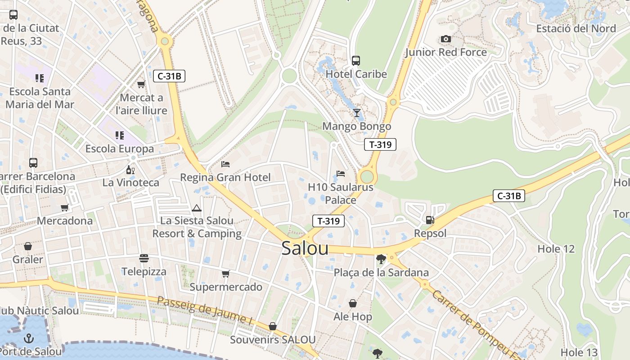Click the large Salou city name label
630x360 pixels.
305,248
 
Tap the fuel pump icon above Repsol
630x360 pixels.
430,220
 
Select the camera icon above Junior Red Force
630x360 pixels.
446,39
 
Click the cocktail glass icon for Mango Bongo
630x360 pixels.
357,113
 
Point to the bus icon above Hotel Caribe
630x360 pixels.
356,60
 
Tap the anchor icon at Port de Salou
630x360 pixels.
29,337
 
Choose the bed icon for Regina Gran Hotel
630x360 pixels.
225,164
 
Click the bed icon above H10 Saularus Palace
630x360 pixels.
341,174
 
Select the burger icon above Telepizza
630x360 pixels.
144,258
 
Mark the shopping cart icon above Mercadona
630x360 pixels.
64,207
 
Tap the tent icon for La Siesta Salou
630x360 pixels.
196,208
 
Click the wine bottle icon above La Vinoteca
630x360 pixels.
130,170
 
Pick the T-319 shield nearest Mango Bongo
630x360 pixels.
380,144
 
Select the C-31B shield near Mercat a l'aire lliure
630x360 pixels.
169,76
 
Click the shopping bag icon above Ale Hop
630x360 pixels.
353,304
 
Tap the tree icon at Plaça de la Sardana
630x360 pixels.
381,259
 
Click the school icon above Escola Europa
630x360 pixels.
119,135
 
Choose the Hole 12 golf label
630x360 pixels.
556,249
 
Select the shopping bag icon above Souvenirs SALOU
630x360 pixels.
272,326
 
